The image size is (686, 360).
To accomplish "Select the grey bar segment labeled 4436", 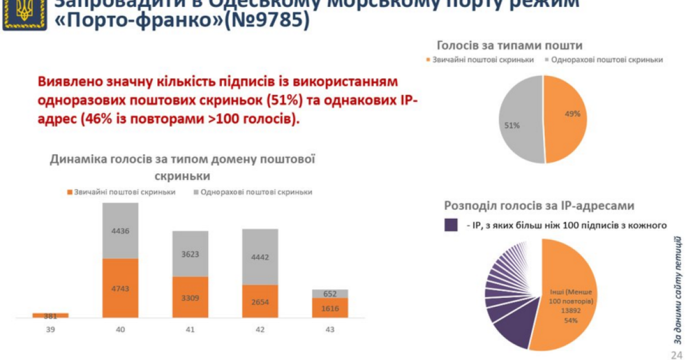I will coord(120,231).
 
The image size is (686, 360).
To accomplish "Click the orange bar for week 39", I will coord(50,315).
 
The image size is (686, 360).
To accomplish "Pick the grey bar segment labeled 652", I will coord(330,294).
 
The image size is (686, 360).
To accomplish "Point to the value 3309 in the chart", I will coord(190,297).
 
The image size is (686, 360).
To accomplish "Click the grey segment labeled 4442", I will coord(260,257).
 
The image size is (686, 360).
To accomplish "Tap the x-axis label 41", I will coord(190,330).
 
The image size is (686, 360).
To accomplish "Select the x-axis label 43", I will coord(330,330).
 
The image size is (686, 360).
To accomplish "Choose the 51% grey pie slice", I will coord(520,120).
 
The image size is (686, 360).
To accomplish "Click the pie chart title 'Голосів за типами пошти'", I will coord(509,45).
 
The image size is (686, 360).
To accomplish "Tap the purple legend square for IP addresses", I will coord(451,225).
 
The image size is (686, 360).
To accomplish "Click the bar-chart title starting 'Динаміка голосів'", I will coord(183,167).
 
